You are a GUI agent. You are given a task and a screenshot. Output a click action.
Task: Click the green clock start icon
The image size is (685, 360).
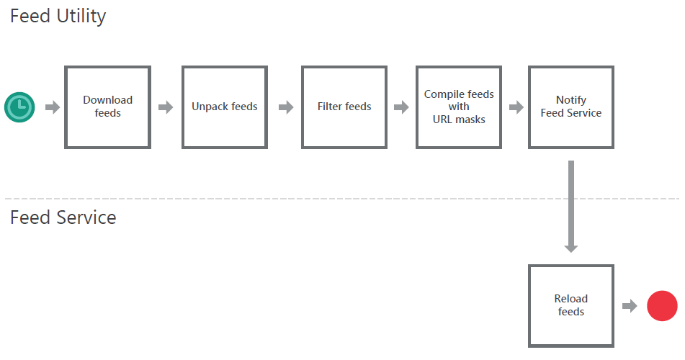click(x=19, y=107)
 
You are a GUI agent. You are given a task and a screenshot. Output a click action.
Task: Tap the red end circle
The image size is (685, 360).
click(x=662, y=305)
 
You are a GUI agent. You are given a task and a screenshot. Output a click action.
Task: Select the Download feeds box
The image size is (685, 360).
click(x=107, y=107)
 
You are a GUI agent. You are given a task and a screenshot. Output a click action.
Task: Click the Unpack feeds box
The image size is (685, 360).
click(x=225, y=107)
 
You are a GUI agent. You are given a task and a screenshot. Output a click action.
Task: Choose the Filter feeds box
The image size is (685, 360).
click(x=344, y=107)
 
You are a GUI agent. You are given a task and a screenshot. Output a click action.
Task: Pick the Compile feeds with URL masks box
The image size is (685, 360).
click(x=459, y=107)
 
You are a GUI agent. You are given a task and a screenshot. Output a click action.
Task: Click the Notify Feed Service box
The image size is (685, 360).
click(x=571, y=107)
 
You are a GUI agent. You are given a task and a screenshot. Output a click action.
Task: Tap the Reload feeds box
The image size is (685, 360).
click(x=571, y=305)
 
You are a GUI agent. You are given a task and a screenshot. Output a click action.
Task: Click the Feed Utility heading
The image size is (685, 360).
click(x=58, y=16)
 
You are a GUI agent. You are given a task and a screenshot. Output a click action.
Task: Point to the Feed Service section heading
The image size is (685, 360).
click(x=63, y=217)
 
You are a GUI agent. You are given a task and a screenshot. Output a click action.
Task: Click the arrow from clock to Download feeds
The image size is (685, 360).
click(x=53, y=107)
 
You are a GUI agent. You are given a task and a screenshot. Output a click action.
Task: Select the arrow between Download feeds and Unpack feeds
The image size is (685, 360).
click(x=166, y=107)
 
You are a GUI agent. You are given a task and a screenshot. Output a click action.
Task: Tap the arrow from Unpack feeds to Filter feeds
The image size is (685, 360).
click(x=286, y=107)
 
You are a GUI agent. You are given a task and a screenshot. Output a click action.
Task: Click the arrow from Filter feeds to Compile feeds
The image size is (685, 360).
click(x=401, y=107)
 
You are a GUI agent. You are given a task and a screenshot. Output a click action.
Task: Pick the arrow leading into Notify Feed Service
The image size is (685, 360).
click(x=516, y=107)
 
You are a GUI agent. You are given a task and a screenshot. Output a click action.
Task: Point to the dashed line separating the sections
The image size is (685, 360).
click(x=288, y=199)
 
